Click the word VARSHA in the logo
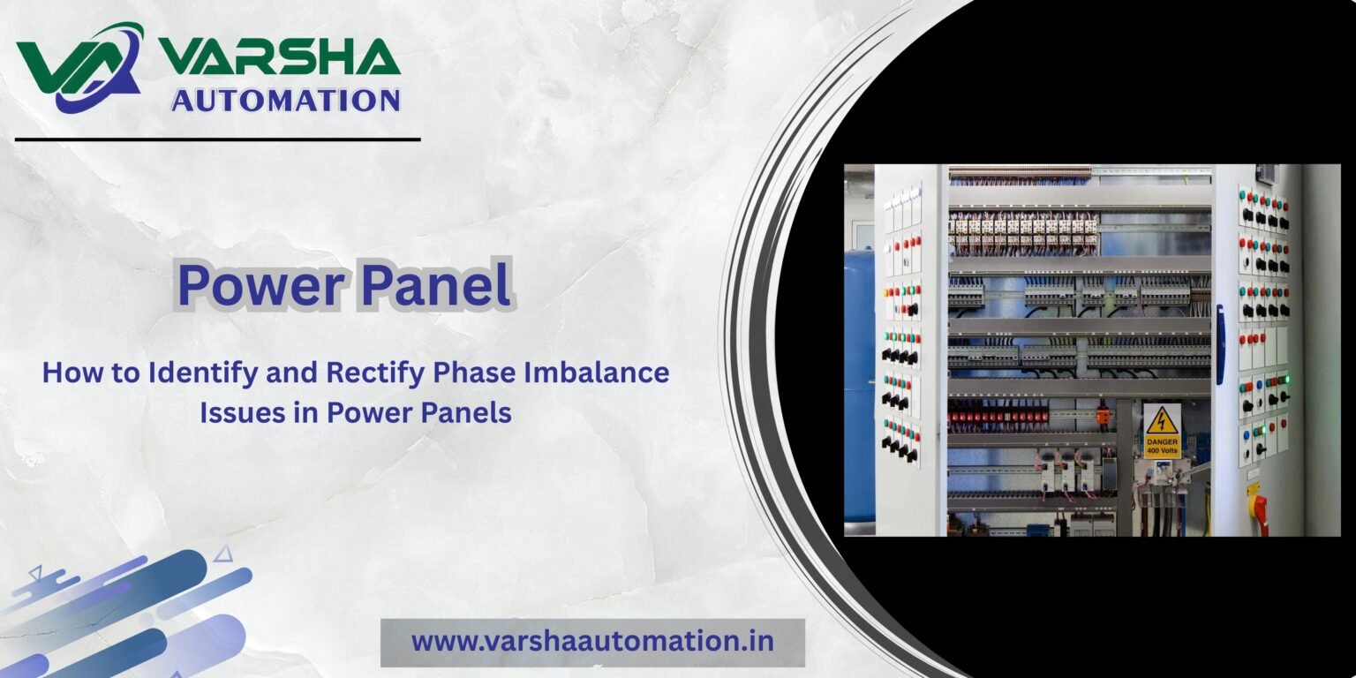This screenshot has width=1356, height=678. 279,56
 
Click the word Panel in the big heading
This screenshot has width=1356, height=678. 436,283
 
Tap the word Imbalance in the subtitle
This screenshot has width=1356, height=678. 597,372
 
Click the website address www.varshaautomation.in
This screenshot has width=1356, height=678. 592,641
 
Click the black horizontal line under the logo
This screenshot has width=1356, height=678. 218,139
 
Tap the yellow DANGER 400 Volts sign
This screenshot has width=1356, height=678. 1162,431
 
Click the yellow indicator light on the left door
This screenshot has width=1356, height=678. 886,293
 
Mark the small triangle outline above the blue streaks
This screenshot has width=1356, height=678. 224,554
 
